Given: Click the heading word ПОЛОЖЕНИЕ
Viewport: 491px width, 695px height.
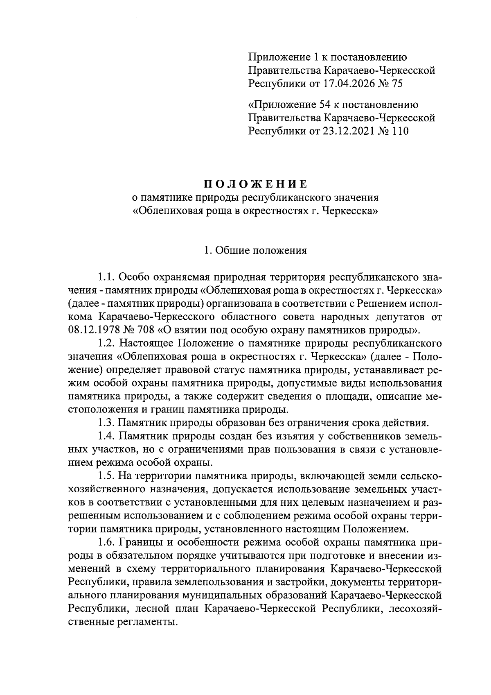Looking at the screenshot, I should coord(255,183).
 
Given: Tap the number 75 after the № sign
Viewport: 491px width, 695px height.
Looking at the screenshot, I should coord(397,84).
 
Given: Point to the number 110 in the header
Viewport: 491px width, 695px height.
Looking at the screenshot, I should coord(399,131).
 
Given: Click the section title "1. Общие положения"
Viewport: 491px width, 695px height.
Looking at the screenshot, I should coord(255,250).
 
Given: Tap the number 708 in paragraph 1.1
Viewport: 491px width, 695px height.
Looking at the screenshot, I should coord(145,330).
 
